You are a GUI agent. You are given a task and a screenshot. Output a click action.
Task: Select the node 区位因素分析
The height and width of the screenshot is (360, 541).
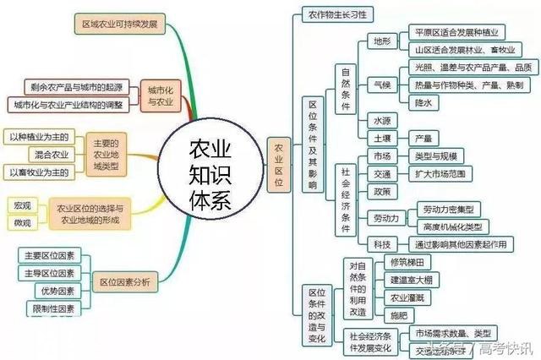coord(124,282)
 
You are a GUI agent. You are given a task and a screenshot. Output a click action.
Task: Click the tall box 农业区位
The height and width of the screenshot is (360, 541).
coord(278,160)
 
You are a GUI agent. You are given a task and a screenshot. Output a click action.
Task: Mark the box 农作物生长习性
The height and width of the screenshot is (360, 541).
coord(337,14)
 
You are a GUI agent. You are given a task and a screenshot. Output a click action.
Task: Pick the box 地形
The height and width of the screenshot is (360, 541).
coord(381,41)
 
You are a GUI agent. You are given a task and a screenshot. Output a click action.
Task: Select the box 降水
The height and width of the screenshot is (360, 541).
coord(424,102)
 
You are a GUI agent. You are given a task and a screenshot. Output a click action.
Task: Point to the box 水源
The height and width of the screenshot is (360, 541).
coord(382,121)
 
